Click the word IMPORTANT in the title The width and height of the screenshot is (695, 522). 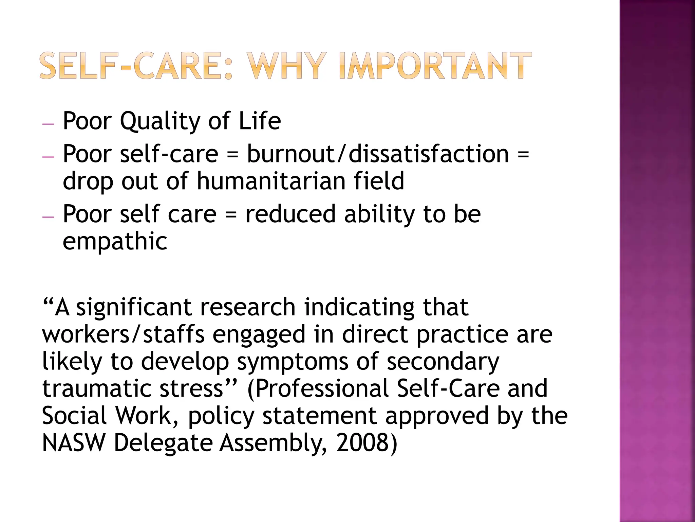[x=435, y=66]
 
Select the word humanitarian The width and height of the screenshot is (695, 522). [x=271, y=181]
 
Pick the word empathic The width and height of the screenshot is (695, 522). [x=115, y=242]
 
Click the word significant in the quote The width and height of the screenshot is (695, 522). [x=134, y=308]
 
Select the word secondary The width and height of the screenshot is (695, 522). [x=443, y=362]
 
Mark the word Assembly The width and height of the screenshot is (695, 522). [x=273, y=443]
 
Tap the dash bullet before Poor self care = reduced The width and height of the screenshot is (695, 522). [x=48, y=217]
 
